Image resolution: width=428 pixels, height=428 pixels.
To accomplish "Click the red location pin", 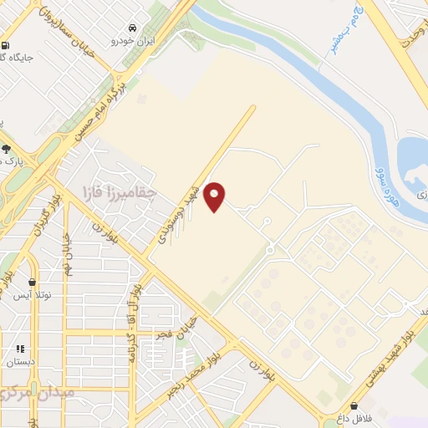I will point(215,196).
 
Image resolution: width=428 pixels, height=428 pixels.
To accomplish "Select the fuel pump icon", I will point(7,46).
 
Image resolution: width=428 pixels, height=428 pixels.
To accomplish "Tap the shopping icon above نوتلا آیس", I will point(33,283).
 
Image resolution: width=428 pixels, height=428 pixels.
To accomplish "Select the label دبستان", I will point(20,363).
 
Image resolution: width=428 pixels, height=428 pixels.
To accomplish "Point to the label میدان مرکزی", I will point(38,391).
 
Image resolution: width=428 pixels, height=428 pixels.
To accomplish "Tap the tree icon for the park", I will point(7,149).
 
